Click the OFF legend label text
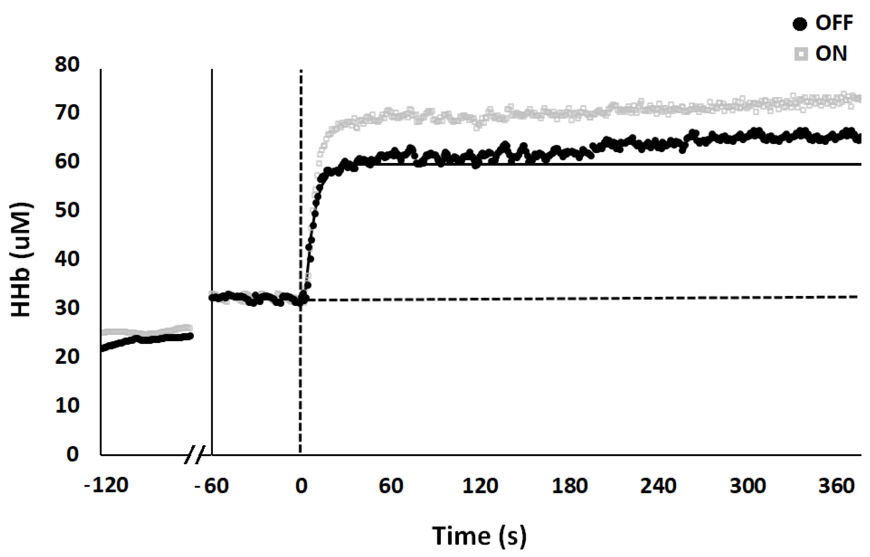click(834, 23)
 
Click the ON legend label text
click(831, 54)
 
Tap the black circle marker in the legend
click(800, 24)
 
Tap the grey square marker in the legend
click(801, 54)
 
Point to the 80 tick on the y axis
click(67, 64)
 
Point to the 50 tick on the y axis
click(67, 210)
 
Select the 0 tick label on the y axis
click(72, 454)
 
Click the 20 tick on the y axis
click(67, 357)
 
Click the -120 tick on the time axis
click(106, 486)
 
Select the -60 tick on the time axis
click(212, 486)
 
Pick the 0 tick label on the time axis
click(301, 486)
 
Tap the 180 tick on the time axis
click(569, 486)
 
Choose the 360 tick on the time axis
click(836, 486)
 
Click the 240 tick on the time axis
click(658, 486)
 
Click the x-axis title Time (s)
click(479, 536)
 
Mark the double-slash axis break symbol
click(194, 455)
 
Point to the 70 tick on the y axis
click(67, 113)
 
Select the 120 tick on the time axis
click(480, 486)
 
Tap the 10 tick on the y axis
click(67, 405)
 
